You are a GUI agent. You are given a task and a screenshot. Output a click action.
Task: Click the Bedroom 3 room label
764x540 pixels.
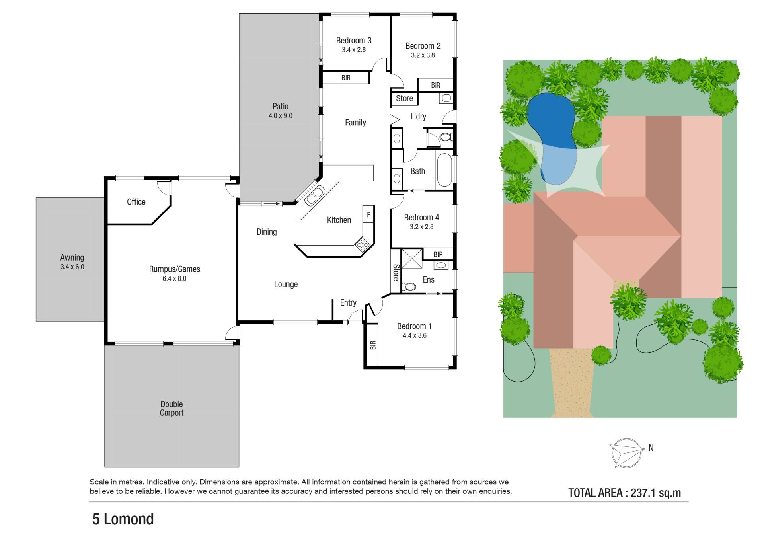(x=354, y=41)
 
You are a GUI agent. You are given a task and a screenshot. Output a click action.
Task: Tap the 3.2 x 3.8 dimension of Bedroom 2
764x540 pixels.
(x=423, y=55)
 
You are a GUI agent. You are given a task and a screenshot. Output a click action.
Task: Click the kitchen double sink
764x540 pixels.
(x=314, y=196)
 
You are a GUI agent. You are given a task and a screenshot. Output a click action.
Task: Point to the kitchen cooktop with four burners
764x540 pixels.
(x=362, y=244)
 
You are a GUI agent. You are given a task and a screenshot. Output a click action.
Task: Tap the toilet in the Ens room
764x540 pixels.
(x=409, y=287)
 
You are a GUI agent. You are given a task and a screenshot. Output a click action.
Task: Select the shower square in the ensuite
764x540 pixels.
(x=412, y=259)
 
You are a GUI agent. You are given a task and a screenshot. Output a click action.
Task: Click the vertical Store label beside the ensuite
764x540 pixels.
(x=396, y=273)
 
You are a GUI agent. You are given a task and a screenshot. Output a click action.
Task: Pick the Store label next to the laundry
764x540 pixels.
(x=404, y=98)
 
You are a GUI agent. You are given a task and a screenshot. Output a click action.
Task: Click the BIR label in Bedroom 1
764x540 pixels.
(x=373, y=345)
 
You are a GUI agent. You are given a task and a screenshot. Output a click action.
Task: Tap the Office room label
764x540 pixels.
(x=136, y=202)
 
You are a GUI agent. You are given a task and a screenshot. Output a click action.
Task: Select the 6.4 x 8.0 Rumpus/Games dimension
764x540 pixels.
(x=174, y=279)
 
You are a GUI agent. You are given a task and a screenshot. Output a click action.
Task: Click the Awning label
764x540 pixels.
(x=72, y=258)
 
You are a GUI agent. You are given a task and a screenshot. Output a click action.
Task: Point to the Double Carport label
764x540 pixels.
(x=172, y=408)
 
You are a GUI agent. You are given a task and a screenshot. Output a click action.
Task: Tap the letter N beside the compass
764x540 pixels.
(x=651, y=448)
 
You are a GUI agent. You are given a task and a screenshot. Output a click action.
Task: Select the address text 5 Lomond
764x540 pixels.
(x=123, y=519)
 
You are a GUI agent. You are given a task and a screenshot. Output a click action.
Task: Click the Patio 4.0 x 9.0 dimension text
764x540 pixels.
(x=281, y=116)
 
